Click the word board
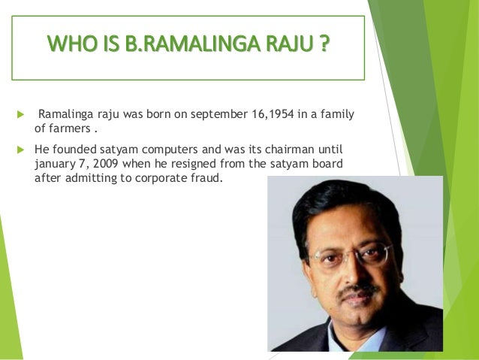[345, 162]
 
